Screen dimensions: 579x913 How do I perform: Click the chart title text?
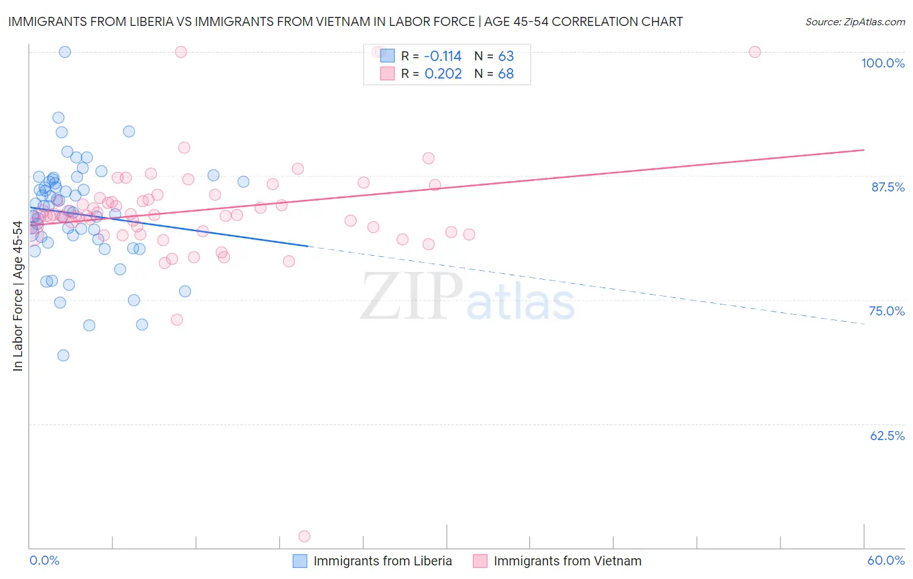click(x=345, y=21)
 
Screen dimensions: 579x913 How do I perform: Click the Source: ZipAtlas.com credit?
click(x=855, y=21)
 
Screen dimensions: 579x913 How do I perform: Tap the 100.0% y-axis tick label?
click(x=882, y=63)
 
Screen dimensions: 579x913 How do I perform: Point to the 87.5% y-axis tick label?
click(x=888, y=187)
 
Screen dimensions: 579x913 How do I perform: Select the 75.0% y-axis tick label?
click(x=886, y=311)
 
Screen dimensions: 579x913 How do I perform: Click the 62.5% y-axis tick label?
click(x=887, y=436)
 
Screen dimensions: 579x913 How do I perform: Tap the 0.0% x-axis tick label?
click(x=44, y=560)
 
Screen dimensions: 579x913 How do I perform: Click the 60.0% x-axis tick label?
click(x=886, y=560)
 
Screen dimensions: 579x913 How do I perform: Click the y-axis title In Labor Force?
click(x=18, y=296)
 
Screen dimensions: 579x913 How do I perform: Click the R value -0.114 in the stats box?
click(x=442, y=56)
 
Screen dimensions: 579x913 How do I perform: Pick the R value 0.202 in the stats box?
click(x=443, y=74)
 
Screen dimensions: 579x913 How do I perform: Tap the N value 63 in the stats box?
click(x=506, y=56)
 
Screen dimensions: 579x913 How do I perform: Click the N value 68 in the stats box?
click(x=506, y=74)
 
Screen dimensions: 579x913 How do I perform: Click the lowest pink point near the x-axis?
click(x=304, y=536)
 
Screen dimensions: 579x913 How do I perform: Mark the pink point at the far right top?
click(x=755, y=52)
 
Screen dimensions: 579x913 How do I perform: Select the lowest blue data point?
click(x=63, y=355)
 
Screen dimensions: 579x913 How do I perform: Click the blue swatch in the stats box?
click(x=387, y=56)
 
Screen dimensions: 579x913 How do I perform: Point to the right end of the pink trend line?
click(x=864, y=150)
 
